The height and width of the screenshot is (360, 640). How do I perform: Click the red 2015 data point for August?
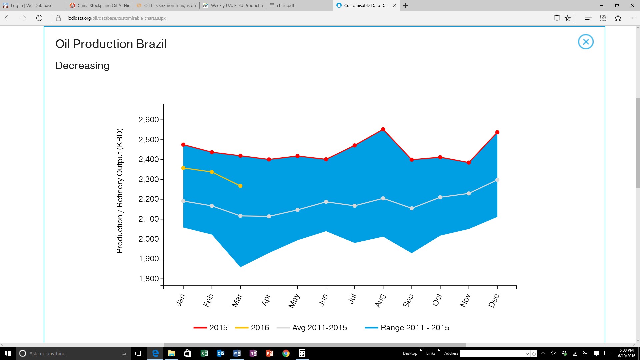[x=383, y=129]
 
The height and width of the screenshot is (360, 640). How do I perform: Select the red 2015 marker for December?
[x=497, y=132]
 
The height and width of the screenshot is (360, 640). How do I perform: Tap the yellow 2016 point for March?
[x=240, y=186]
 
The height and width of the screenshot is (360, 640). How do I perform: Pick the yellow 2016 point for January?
[x=183, y=168]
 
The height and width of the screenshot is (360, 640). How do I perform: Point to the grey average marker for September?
[x=412, y=208]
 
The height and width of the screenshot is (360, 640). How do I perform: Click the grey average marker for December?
[x=497, y=180]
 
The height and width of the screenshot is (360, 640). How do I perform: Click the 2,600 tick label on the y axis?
[x=149, y=120]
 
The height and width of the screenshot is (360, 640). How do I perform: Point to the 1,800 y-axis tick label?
[x=149, y=279]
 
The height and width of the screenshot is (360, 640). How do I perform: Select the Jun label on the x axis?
[x=323, y=300]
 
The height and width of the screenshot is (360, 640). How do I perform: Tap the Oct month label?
[x=437, y=300]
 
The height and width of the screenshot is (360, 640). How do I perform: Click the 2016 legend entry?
[x=252, y=328]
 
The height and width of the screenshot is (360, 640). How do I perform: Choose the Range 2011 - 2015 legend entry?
[x=407, y=328]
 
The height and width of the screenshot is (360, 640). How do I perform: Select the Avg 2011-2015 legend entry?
[x=312, y=328]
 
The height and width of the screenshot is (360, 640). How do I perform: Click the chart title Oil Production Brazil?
[x=111, y=44]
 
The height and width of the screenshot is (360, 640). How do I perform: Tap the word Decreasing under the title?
[x=82, y=66]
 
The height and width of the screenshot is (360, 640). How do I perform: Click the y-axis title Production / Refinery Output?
[x=119, y=191]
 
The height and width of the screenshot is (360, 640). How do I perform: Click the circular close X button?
[x=586, y=42]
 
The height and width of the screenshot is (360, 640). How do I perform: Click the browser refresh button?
[x=39, y=18]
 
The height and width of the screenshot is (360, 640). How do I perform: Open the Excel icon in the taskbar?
[x=204, y=353]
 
